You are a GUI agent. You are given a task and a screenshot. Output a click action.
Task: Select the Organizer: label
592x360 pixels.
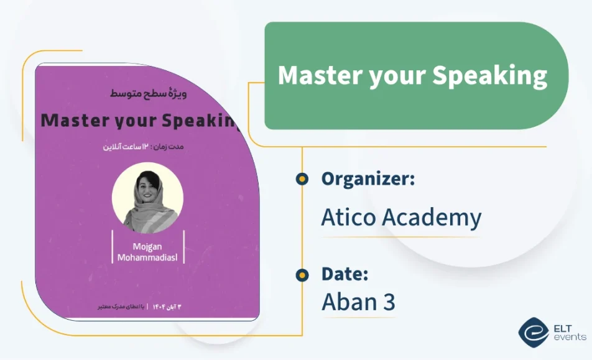pos(368,179)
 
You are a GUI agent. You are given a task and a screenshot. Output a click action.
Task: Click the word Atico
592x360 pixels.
pos(348,218)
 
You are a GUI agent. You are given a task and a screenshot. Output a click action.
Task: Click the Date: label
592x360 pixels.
pos(345,274)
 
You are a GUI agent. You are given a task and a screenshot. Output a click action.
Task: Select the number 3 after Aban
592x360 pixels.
pos(389,303)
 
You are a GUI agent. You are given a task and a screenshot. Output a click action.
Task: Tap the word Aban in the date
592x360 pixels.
pos(350,303)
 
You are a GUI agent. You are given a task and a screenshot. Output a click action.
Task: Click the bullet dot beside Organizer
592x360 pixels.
pos(302,179)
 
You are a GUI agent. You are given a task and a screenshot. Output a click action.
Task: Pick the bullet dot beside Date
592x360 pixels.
pos(302,274)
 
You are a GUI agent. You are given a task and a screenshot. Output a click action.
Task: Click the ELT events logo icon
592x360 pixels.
pos(533,331)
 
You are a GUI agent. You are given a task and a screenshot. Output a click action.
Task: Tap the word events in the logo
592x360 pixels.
pos(570,337)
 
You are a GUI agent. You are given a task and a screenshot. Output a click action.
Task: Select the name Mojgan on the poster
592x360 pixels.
pos(147,246)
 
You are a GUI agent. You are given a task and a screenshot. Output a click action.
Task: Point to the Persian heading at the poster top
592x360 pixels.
pos(149,94)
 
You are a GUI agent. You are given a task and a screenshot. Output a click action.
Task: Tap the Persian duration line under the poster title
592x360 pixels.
pos(149,147)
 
